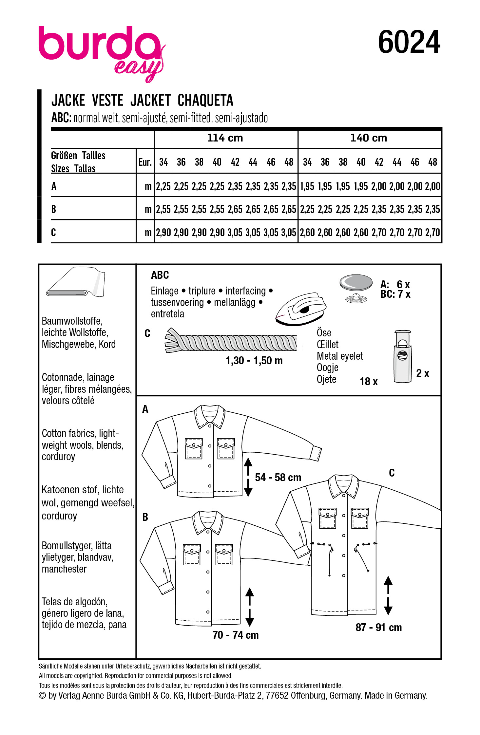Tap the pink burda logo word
[x=98, y=44]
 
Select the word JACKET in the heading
[x=150, y=100]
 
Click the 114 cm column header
[x=225, y=138]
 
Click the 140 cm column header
[x=369, y=138]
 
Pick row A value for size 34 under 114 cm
[x=163, y=186]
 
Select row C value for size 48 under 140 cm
[x=432, y=233]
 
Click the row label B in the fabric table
[x=54, y=209]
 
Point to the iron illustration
[x=301, y=309]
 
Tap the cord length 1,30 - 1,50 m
[x=254, y=361]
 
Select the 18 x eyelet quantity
[x=369, y=381]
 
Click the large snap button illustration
[x=356, y=282]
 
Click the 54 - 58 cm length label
[x=278, y=478]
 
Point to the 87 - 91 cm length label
[x=378, y=628]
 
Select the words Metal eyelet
[x=340, y=356]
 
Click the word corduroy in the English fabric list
[x=58, y=457]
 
